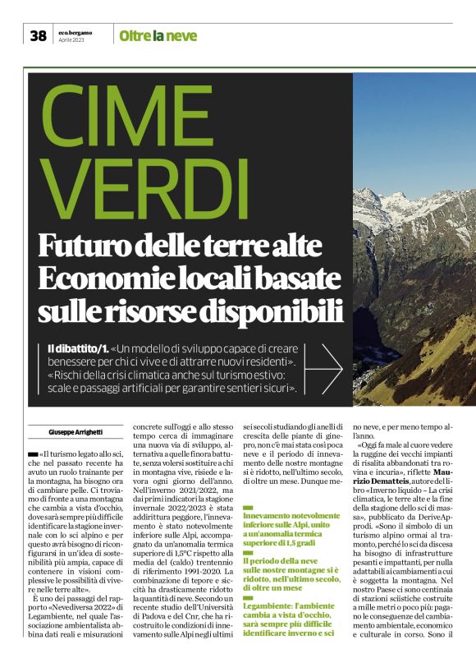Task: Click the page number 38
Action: point(38,35)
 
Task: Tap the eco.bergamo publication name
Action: point(76,32)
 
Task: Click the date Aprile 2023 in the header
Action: point(72,39)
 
